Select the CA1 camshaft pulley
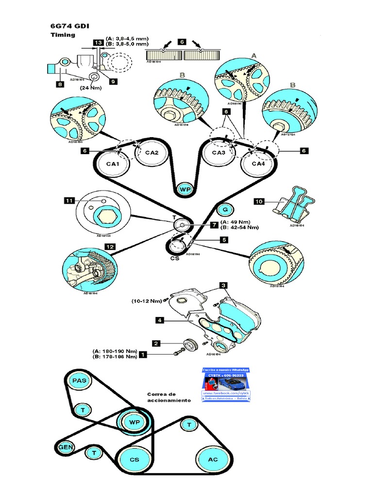(x=113, y=164)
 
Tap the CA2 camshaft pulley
(x=152, y=153)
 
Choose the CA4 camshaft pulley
(x=258, y=164)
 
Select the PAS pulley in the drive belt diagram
(x=79, y=381)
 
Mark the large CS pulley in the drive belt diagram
(x=134, y=459)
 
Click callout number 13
(x=98, y=43)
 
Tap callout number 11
(x=69, y=200)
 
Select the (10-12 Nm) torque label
(x=146, y=301)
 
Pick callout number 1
(x=143, y=355)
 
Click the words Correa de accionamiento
(x=169, y=397)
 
